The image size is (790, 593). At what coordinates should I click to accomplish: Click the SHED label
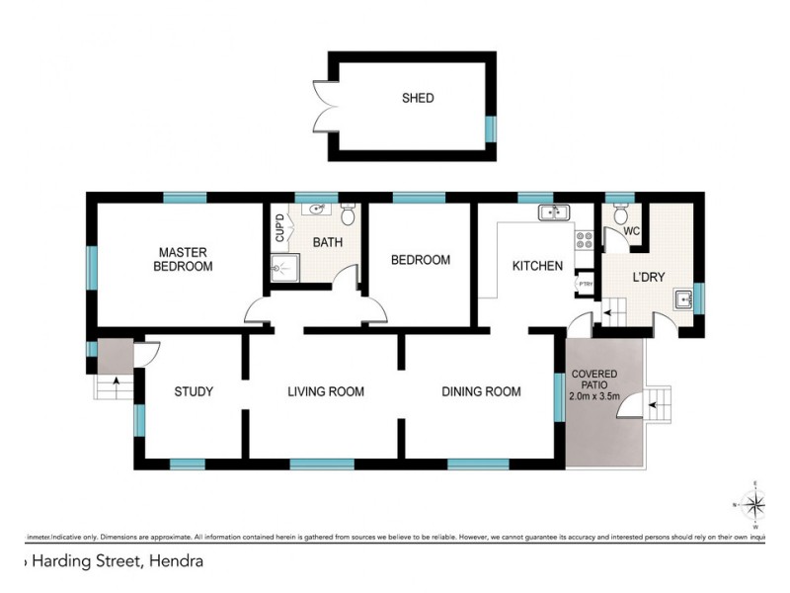click(x=418, y=98)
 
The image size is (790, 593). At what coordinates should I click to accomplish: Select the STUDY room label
click(x=194, y=391)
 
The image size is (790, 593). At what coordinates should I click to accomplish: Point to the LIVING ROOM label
click(x=326, y=391)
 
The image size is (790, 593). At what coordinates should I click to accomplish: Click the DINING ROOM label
click(x=481, y=391)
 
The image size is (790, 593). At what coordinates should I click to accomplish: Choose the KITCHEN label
click(x=537, y=266)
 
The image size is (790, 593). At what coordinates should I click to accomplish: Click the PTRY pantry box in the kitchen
click(x=585, y=283)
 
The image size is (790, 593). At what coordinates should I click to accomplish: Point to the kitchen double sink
click(x=551, y=212)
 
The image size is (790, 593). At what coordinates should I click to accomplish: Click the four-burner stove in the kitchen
click(x=584, y=237)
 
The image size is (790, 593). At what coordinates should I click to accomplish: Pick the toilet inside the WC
click(x=620, y=213)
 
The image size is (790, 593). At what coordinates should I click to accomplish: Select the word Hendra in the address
click(x=179, y=562)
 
